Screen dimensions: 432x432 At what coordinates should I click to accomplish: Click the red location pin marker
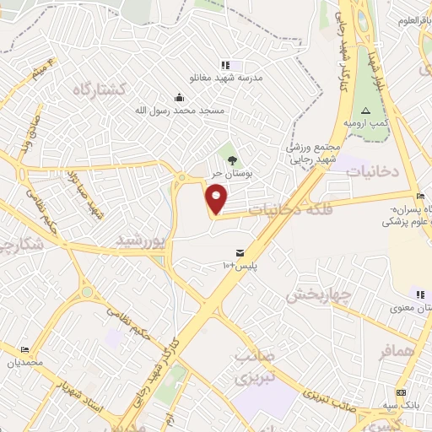[218, 200]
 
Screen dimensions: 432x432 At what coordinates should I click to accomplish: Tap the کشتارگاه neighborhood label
[99, 89]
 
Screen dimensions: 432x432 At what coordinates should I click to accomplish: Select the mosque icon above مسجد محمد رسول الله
[178, 98]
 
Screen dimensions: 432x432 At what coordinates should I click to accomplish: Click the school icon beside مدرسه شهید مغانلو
[225, 65]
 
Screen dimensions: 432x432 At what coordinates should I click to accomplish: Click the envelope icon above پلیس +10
[240, 252]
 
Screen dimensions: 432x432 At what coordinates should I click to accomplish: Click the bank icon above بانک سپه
[400, 393]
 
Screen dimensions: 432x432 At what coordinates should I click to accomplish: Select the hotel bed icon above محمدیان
[24, 349]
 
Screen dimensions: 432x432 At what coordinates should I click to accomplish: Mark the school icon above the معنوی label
[419, 294]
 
